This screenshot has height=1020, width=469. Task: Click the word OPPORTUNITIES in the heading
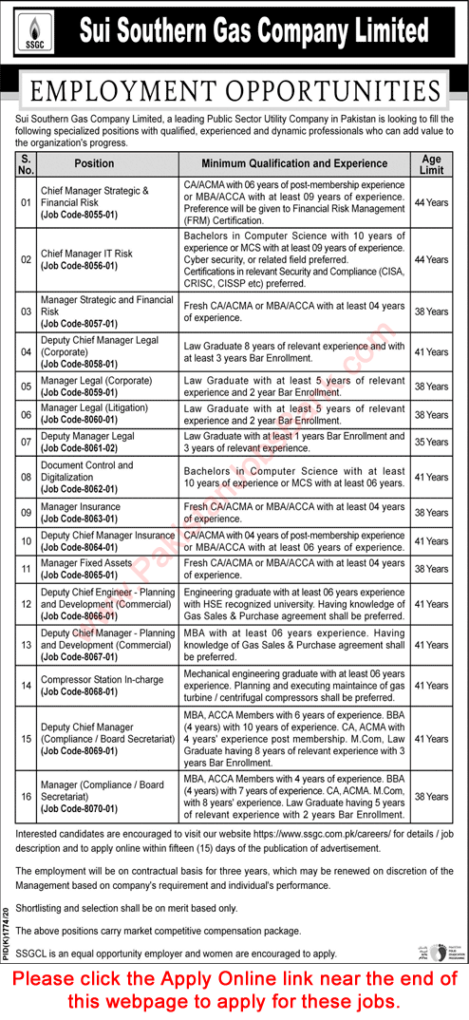tap(328, 92)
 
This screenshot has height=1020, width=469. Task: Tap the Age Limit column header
tap(431, 162)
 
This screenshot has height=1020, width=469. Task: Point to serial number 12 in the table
tap(27, 603)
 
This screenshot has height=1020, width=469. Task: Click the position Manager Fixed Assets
tap(86, 563)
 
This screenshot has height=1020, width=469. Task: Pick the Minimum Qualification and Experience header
tap(294, 162)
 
